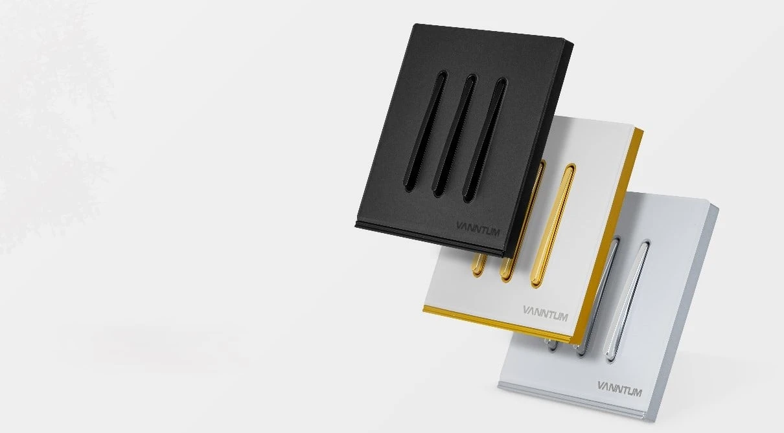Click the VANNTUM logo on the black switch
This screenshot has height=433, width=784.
478,228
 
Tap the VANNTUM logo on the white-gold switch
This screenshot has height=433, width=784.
546,313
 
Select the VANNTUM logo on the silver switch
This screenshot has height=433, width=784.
619,389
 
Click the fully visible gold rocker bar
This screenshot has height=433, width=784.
553,226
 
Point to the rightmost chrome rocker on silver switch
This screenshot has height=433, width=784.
627,301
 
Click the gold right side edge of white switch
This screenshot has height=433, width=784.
607,235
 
